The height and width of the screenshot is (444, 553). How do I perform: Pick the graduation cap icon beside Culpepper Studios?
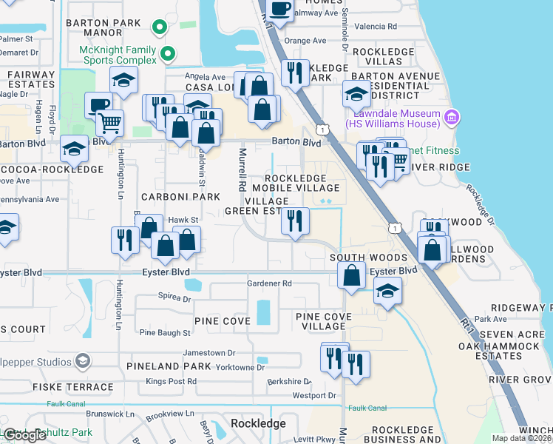click(x=83, y=361)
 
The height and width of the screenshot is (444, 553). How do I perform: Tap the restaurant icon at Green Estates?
click(x=295, y=219)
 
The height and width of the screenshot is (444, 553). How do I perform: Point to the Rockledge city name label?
click(x=258, y=423)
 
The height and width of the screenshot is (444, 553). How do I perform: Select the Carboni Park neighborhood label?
click(x=181, y=197)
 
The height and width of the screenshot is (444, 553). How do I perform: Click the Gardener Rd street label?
click(x=270, y=283)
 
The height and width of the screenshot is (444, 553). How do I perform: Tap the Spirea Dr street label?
click(x=174, y=299)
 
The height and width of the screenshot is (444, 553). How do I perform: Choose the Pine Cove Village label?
click(x=323, y=321)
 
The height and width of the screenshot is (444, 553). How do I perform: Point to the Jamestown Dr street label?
click(x=209, y=353)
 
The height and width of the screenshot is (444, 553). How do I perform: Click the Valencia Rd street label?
click(x=376, y=26)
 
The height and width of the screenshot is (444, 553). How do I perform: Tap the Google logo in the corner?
click(x=24, y=435)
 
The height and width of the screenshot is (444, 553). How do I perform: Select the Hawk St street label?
click(x=183, y=220)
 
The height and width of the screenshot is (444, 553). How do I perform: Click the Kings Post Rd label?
click(x=171, y=381)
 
